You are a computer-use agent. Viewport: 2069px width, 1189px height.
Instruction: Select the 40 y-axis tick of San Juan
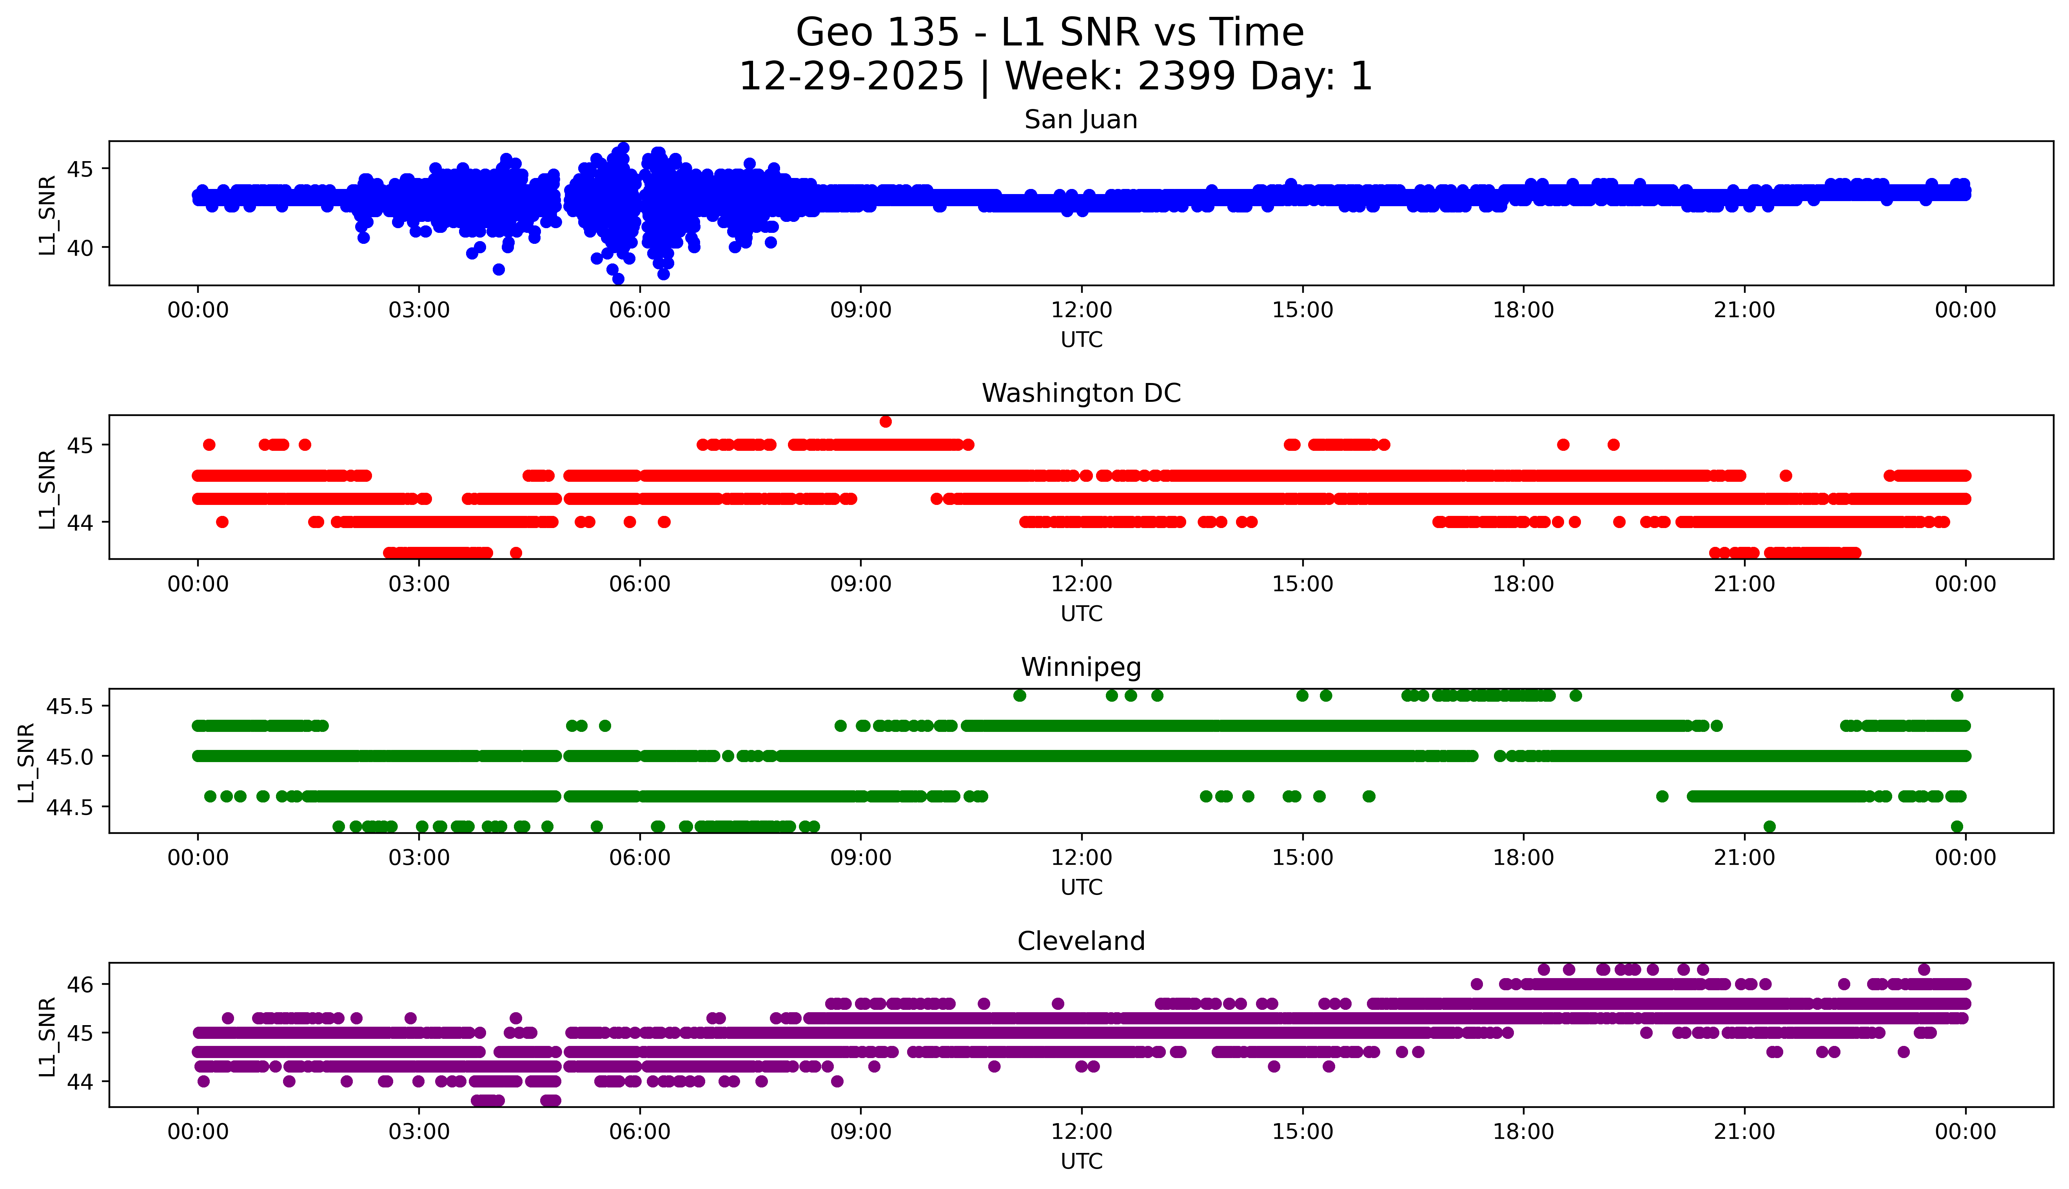point(80,248)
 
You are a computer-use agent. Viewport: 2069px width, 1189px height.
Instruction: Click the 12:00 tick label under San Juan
point(1081,310)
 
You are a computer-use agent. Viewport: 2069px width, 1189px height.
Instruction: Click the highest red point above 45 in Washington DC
point(885,421)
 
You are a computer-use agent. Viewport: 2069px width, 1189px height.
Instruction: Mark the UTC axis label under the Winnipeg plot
point(1081,888)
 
